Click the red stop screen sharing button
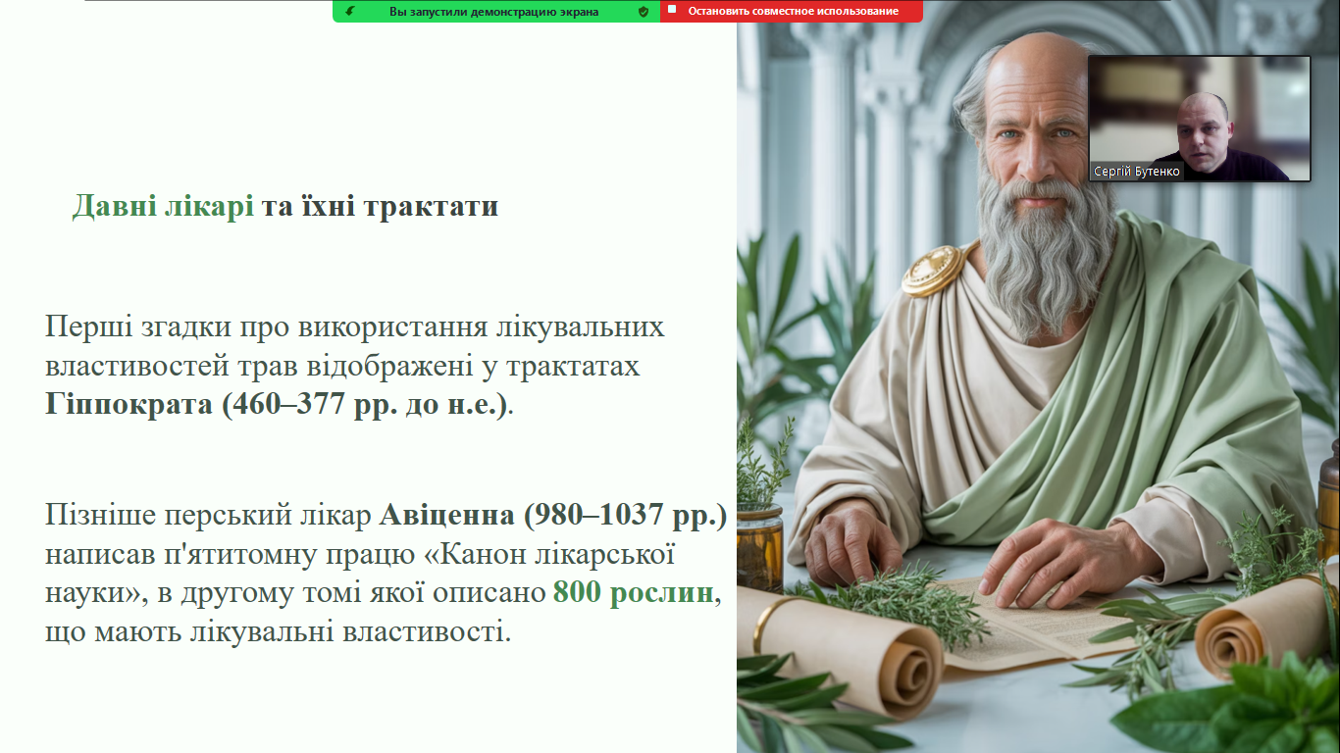click(791, 11)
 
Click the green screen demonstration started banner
click(496, 11)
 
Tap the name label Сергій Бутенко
click(1136, 172)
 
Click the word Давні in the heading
click(114, 206)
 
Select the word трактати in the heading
click(431, 206)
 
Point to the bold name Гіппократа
click(129, 404)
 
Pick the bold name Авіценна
click(447, 515)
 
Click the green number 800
click(577, 592)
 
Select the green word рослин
click(661, 593)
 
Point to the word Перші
click(88, 327)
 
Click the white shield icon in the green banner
click(644, 12)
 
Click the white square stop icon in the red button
click(672, 9)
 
